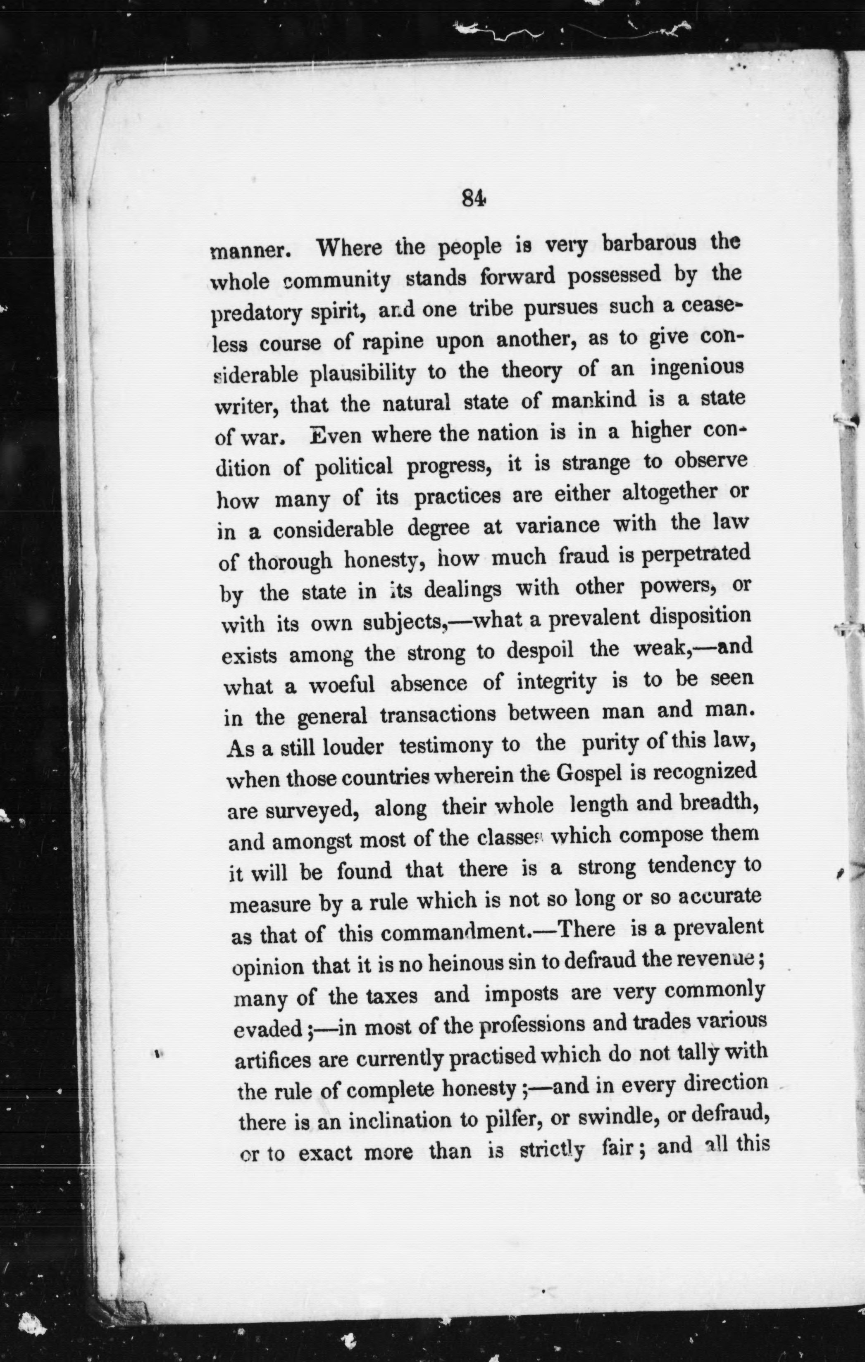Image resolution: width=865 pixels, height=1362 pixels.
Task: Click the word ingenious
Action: click(698, 368)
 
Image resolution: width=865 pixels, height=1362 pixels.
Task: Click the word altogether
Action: click(669, 493)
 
